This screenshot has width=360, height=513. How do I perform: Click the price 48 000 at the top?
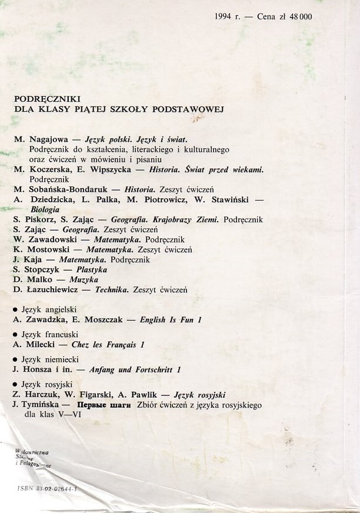300,17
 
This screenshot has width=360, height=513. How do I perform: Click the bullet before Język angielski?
15,309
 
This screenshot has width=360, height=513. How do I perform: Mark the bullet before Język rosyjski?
15,384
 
